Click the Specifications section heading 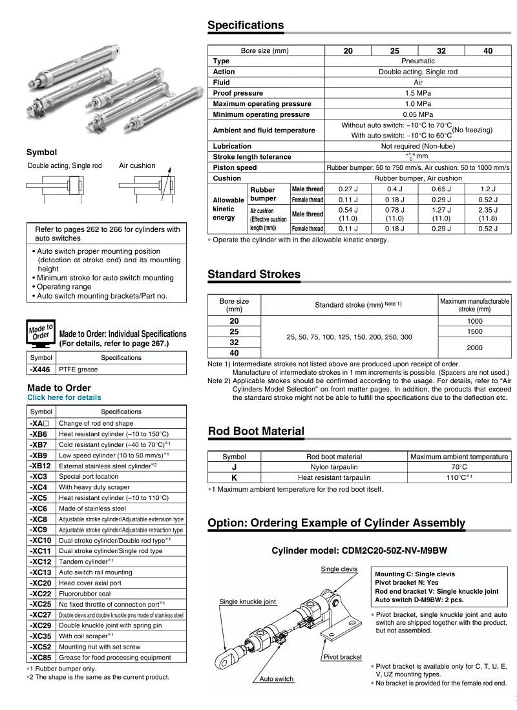246,26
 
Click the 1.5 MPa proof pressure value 417,93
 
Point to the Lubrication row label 232,146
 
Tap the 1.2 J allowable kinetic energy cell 488,189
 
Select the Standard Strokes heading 254,275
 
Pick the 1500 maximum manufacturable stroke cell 474,331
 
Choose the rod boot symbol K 234,477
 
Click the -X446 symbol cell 41,369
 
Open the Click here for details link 64,397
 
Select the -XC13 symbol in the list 41,572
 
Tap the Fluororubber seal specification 85,594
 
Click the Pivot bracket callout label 342,657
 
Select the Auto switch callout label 277,679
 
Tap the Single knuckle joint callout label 248,601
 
